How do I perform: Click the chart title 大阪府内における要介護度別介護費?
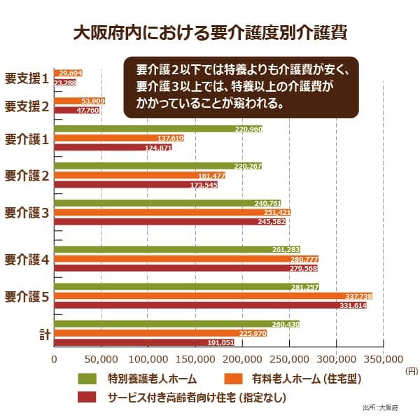pyautogui.click(x=209, y=33)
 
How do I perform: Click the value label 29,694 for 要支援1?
pyautogui.click(x=71, y=73)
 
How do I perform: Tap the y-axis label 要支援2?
pyautogui.click(x=27, y=106)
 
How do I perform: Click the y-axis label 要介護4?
pyautogui.click(x=27, y=260)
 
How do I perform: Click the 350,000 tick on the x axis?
pyautogui.click(x=384, y=359)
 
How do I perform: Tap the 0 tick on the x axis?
pyautogui.click(x=54, y=359)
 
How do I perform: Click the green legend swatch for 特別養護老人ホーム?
pyautogui.click(x=87, y=379)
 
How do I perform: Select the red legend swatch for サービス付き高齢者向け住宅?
pyautogui.click(x=87, y=397)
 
